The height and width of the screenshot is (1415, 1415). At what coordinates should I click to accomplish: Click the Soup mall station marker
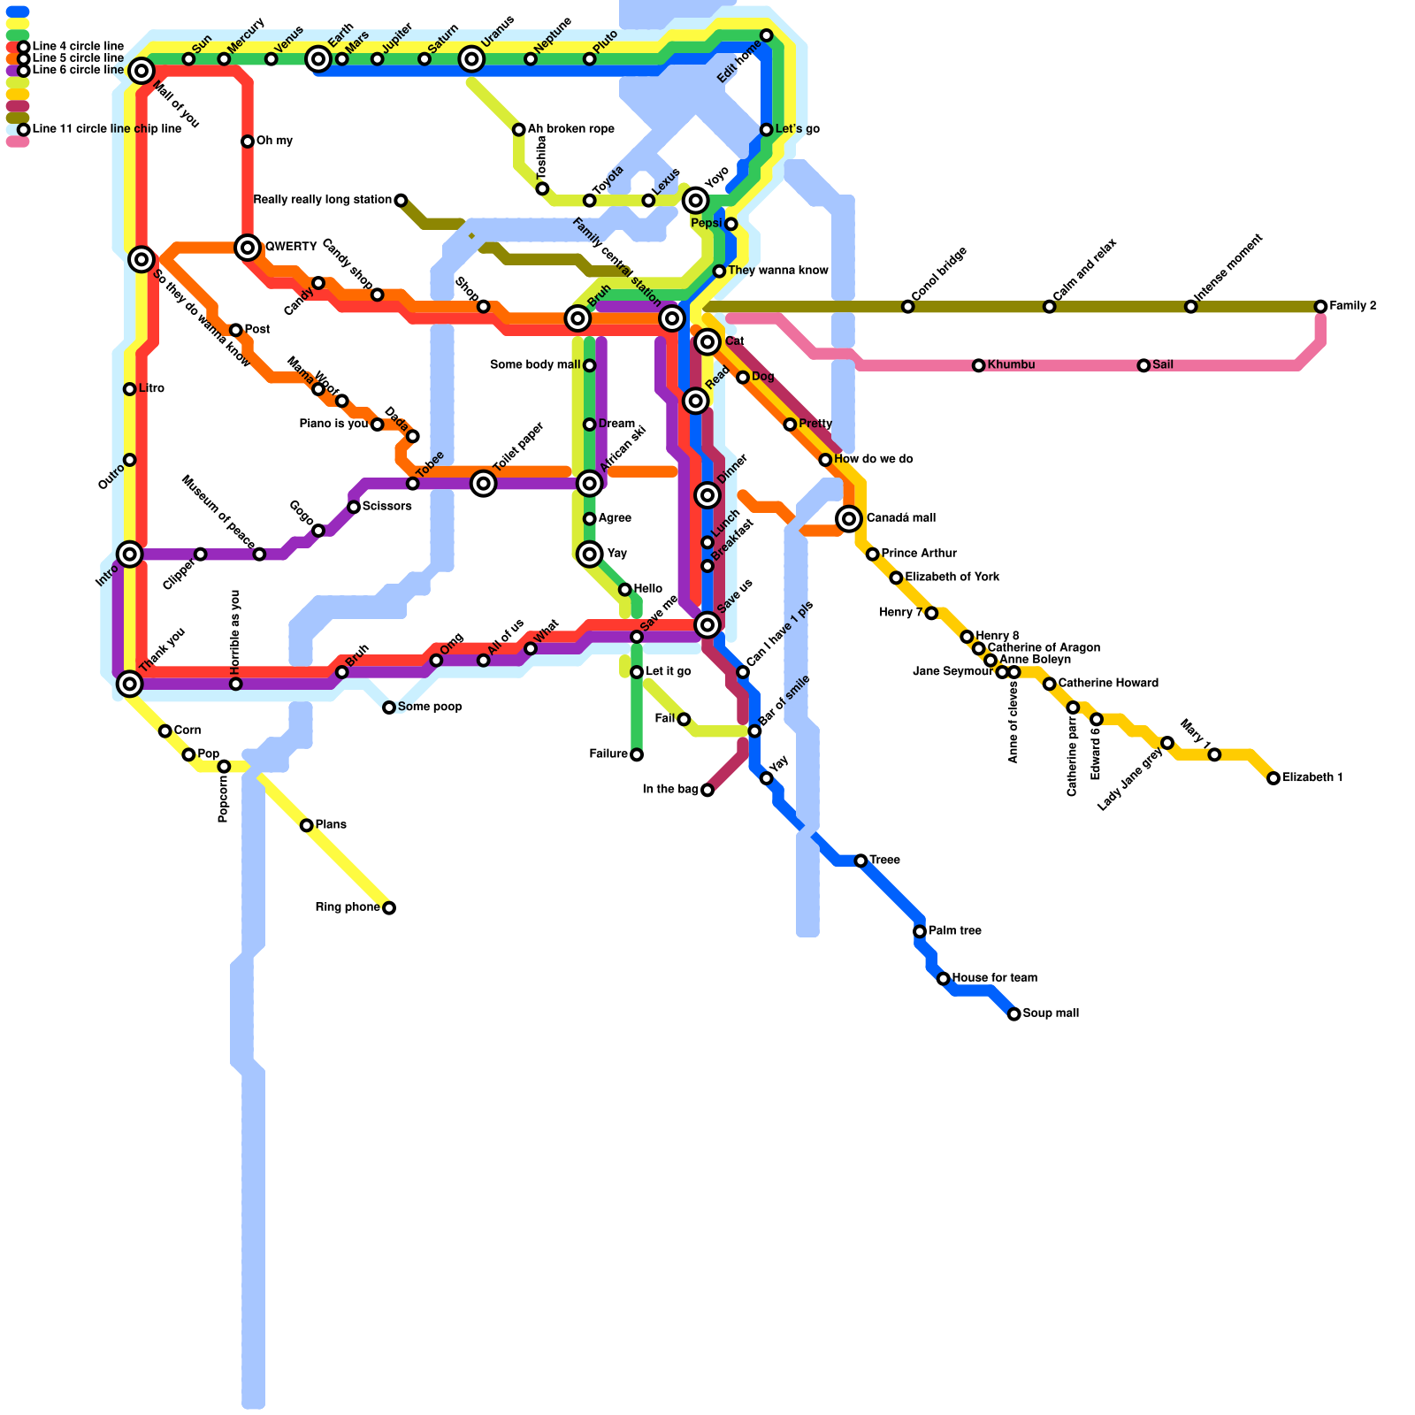click(1014, 1013)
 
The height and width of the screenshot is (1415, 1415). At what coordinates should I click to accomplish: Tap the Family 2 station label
click(1352, 306)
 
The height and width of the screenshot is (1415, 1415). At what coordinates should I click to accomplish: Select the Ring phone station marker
click(389, 908)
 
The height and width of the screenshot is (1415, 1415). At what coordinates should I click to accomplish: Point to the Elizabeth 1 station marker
click(1273, 778)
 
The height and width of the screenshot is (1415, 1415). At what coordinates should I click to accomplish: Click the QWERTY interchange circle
click(249, 247)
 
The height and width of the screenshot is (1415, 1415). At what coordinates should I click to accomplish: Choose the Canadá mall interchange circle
click(849, 518)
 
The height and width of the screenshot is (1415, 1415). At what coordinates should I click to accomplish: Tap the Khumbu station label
click(1011, 365)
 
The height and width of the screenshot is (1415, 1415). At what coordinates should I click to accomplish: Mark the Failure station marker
click(637, 754)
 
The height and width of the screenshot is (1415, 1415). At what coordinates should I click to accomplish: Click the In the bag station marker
click(707, 790)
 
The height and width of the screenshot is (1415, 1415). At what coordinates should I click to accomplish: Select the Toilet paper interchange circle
click(483, 483)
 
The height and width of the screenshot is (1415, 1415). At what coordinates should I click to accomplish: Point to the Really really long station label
click(322, 200)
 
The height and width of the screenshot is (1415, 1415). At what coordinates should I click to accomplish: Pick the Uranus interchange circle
click(472, 59)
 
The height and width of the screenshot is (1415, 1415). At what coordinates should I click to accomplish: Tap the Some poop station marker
click(389, 707)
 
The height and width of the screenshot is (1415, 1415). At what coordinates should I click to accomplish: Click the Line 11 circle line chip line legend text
click(106, 129)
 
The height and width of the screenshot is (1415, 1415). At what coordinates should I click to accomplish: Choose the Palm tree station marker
click(920, 931)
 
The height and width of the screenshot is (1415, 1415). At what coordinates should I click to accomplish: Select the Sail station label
click(1163, 365)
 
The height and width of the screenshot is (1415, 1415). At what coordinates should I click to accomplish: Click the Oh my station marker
click(248, 141)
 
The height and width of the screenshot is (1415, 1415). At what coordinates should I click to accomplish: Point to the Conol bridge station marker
click(907, 307)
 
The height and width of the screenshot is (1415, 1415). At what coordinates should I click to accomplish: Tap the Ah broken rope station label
click(570, 129)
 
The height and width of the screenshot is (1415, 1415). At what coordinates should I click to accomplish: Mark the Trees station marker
click(860, 860)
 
